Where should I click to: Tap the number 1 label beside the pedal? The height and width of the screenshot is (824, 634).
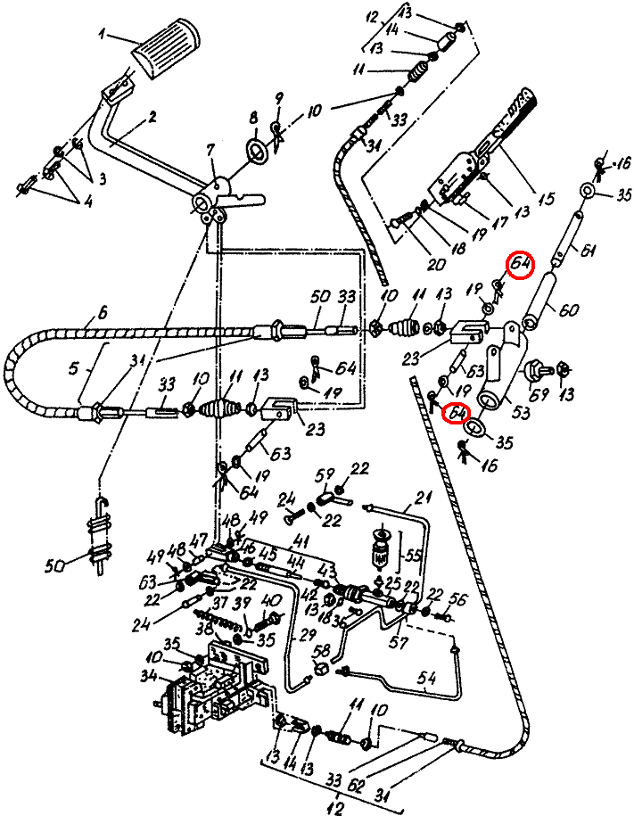pyautogui.click(x=103, y=36)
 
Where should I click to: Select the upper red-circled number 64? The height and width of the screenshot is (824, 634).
pyautogui.click(x=520, y=265)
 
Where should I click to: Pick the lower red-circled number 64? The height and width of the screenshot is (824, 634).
pyautogui.click(x=458, y=414)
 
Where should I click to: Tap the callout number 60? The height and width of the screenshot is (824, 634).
pyautogui.click(x=569, y=309)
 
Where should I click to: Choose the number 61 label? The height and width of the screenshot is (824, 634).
pyautogui.click(x=589, y=252)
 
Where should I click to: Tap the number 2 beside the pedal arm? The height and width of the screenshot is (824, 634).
pyautogui.click(x=152, y=117)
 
